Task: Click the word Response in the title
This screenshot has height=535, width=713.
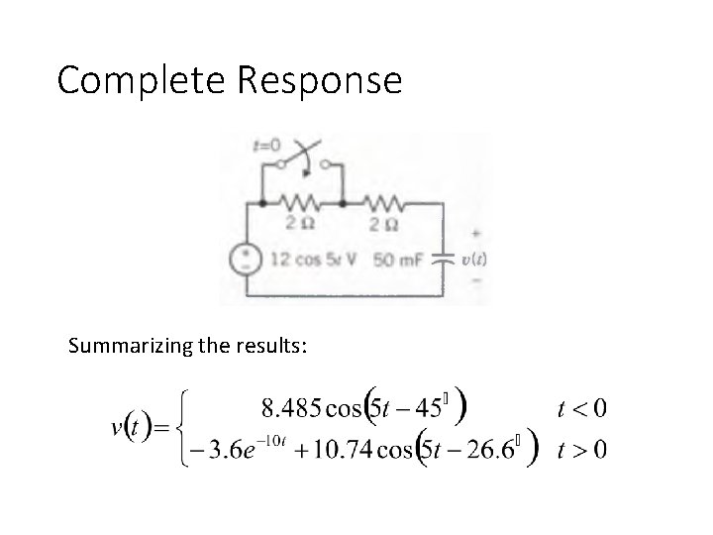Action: pos(318,80)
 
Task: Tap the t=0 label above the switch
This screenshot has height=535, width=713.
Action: pos(266,145)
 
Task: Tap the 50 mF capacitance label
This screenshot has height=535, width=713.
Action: pos(399,261)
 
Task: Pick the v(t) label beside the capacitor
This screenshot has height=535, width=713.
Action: pos(474,259)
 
